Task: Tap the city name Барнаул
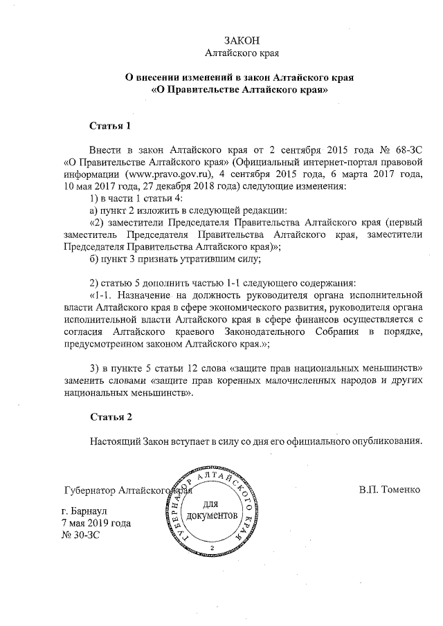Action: coord(98,513)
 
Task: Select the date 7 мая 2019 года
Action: coord(96,524)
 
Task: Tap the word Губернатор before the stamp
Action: coord(89,490)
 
